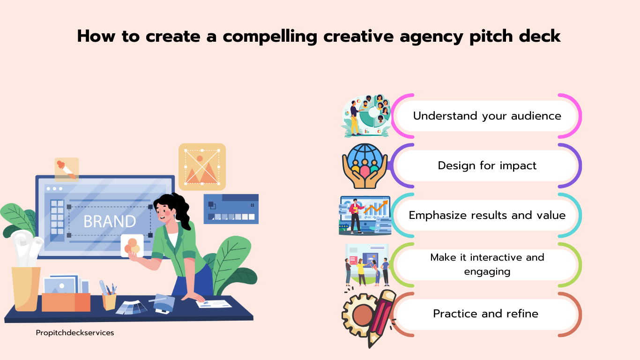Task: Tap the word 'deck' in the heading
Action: tap(540, 36)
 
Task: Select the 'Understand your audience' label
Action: tap(487, 116)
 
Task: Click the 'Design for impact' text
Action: tap(487, 165)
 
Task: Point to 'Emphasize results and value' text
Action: tap(487, 215)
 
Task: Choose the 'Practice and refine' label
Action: tap(485, 314)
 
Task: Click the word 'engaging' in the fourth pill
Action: tap(487, 272)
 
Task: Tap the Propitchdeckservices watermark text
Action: tap(75, 333)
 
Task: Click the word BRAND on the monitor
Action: tap(110, 221)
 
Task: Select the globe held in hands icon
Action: tap(365, 166)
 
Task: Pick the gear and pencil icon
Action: tap(369, 318)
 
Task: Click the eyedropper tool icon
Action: tap(67, 170)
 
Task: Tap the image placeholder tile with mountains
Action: tap(202, 167)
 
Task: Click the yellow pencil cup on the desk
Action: tap(109, 301)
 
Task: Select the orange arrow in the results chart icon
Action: tap(376, 207)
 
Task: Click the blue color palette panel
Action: tap(231, 209)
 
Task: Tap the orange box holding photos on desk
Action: tap(66, 302)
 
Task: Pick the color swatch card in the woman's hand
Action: tap(132, 246)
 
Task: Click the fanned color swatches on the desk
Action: tap(132, 307)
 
